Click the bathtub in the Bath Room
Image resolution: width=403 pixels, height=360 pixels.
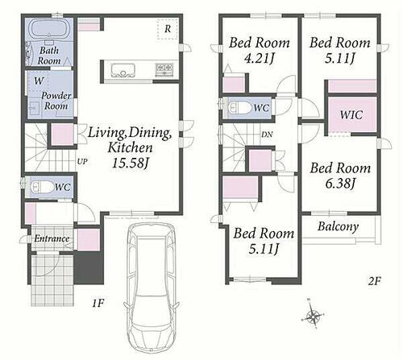click(x=49, y=29)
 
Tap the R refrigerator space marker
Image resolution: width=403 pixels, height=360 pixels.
click(x=168, y=29)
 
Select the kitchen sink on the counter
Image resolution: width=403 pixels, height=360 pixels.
click(x=123, y=70)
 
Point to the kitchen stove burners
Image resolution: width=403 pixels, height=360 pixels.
click(x=164, y=69)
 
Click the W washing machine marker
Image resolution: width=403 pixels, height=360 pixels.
click(x=39, y=81)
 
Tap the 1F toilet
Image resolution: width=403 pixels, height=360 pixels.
click(x=42, y=187)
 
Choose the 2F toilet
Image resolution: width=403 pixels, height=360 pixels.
click(x=239, y=108)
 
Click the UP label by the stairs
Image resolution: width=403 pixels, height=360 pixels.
click(x=82, y=162)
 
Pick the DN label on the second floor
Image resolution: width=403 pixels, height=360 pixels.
click(x=267, y=134)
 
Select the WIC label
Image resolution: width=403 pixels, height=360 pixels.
click(x=351, y=115)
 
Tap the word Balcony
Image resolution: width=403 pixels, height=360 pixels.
click(x=339, y=227)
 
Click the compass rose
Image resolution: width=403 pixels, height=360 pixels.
click(x=313, y=314)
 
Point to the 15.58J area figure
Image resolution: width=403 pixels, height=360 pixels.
click(x=130, y=163)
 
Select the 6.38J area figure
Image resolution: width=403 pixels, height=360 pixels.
click(x=340, y=184)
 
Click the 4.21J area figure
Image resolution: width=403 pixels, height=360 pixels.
click(x=260, y=58)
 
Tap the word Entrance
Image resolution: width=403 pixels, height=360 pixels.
click(x=52, y=238)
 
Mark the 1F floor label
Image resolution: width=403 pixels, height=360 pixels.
click(x=98, y=304)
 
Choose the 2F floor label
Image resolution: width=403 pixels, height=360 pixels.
click(x=374, y=281)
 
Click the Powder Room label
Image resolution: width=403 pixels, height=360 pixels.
click(x=56, y=101)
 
